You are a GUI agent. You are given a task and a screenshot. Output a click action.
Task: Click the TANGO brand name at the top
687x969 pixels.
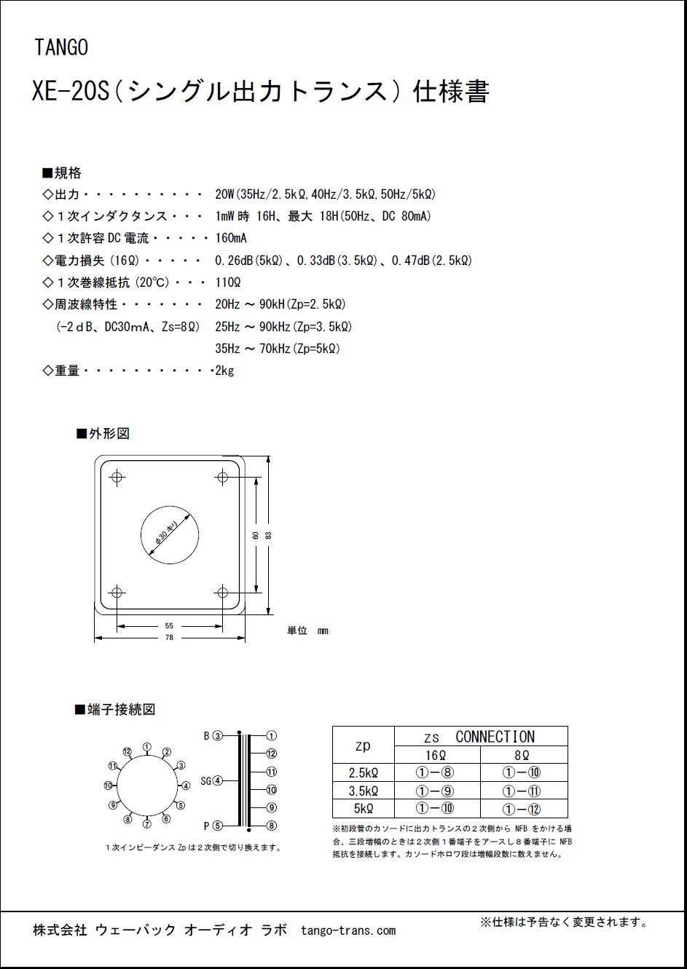[61, 48]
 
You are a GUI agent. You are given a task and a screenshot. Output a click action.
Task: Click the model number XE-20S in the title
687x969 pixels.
[71, 92]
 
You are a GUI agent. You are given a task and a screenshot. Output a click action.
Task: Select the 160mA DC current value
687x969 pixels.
[231, 238]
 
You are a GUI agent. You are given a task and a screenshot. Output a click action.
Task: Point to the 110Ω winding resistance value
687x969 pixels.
[227, 282]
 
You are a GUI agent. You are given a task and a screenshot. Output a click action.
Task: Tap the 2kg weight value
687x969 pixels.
[224, 371]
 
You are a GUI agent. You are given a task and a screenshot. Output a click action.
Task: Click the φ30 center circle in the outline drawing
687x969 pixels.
[170, 535]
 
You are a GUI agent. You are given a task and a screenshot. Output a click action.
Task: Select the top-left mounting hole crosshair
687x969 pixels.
[117, 478]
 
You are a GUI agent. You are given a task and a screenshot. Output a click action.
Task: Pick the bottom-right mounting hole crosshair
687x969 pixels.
[223, 593]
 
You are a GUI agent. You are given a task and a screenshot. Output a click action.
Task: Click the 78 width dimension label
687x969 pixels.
[169, 638]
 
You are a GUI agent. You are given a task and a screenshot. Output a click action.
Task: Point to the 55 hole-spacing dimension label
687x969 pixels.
[169, 625]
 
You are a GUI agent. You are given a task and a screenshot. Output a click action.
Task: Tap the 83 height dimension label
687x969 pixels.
[268, 535]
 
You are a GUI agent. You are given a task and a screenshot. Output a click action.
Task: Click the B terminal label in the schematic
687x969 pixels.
[207, 736]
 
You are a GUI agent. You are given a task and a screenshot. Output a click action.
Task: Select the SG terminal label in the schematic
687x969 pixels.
[205, 781]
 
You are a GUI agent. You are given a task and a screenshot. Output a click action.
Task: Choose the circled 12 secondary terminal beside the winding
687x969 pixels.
[272, 754]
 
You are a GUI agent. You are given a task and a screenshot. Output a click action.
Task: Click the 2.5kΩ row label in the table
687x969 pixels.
[363, 773]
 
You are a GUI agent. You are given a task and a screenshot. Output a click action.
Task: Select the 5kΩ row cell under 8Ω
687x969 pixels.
[522, 809]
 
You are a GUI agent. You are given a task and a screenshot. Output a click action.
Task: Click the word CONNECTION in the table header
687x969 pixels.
[495, 737]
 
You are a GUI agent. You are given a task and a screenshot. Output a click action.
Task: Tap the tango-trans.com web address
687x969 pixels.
[348, 930]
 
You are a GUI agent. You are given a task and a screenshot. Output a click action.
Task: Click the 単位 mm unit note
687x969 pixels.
[307, 630]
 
